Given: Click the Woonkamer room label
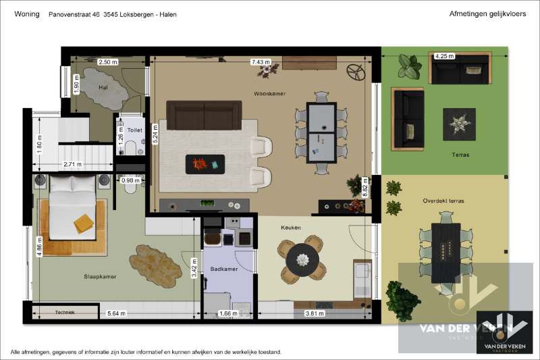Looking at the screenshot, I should [x=268, y=93].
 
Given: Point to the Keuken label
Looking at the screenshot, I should [x=291, y=228].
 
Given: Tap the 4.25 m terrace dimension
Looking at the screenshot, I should [x=444, y=56].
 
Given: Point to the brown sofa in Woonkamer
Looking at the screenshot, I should [x=204, y=115].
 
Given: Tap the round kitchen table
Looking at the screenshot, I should [x=302, y=258].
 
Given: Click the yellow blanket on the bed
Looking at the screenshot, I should [x=84, y=222].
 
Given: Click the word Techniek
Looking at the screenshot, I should [x=65, y=313].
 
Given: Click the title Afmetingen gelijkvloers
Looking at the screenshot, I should [x=486, y=14].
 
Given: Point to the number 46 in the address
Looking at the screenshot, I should [x=96, y=14].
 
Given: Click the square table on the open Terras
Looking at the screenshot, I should [x=459, y=124].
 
